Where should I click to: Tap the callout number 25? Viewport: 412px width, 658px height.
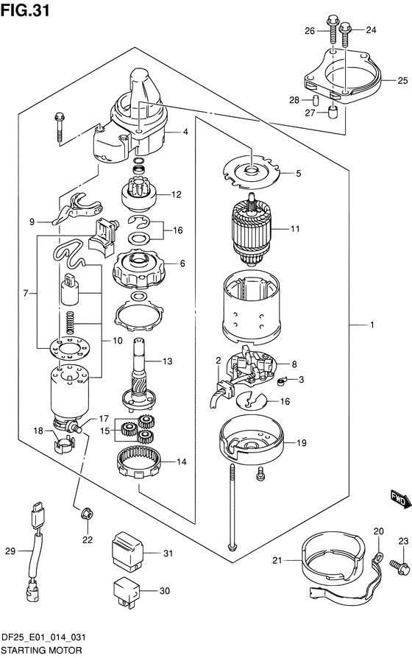click(402, 80)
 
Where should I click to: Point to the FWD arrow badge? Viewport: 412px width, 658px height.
click(399, 500)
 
